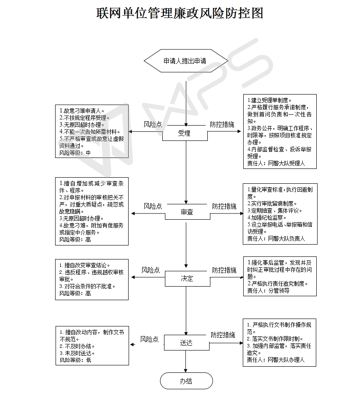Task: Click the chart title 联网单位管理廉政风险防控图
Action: pos(180,13)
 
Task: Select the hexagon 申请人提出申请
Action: pos(186,61)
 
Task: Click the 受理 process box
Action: pos(185,133)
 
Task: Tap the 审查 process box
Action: pos(187,212)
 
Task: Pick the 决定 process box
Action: pos(187,279)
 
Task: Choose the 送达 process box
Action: pos(187,343)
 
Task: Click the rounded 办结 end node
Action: pos(186,381)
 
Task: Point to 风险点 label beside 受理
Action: pos(153,124)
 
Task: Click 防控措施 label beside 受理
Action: pos(222,124)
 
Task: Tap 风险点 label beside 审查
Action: pos(153,206)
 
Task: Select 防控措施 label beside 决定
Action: pos(224,270)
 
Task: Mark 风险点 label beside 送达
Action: pos(150,339)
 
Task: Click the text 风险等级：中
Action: pos(75,153)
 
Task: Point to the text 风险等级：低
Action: pos(76,360)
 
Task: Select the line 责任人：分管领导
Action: pos(268,291)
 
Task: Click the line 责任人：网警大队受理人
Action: pos(276,163)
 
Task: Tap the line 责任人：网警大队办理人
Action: pos(276,360)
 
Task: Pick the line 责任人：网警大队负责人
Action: pos(276,238)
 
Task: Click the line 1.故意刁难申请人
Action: pos(82,111)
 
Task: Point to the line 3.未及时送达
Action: pos(77,353)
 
